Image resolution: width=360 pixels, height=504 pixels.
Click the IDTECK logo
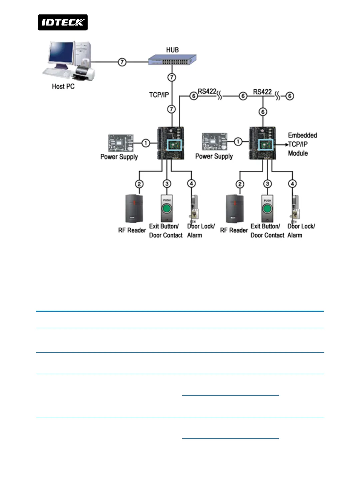(63, 22)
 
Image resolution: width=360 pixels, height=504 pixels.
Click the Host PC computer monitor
(61, 53)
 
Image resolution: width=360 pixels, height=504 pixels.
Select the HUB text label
(172, 50)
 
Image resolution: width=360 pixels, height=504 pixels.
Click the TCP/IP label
(159, 95)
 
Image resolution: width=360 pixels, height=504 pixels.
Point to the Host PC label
(63, 86)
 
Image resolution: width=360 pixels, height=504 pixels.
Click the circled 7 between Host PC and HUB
(122, 62)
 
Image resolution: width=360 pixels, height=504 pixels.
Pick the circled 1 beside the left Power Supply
(146, 143)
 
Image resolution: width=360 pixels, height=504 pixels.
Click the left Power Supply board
(121, 143)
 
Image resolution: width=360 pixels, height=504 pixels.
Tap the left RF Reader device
(134, 209)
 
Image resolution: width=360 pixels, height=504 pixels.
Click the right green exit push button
(267, 209)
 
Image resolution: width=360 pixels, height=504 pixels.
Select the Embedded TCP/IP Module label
(302, 144)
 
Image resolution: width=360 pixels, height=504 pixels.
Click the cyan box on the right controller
(266, 145)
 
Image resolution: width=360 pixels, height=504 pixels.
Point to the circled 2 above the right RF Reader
(240, 184)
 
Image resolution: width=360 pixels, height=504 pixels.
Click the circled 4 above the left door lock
(191, 183)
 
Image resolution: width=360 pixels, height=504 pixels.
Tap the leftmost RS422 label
(207, 91)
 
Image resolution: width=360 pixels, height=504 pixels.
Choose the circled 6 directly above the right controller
(263, 112)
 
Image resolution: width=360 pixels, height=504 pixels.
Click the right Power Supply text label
(214, 156)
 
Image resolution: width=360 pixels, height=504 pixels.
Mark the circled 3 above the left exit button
(167, 184)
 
